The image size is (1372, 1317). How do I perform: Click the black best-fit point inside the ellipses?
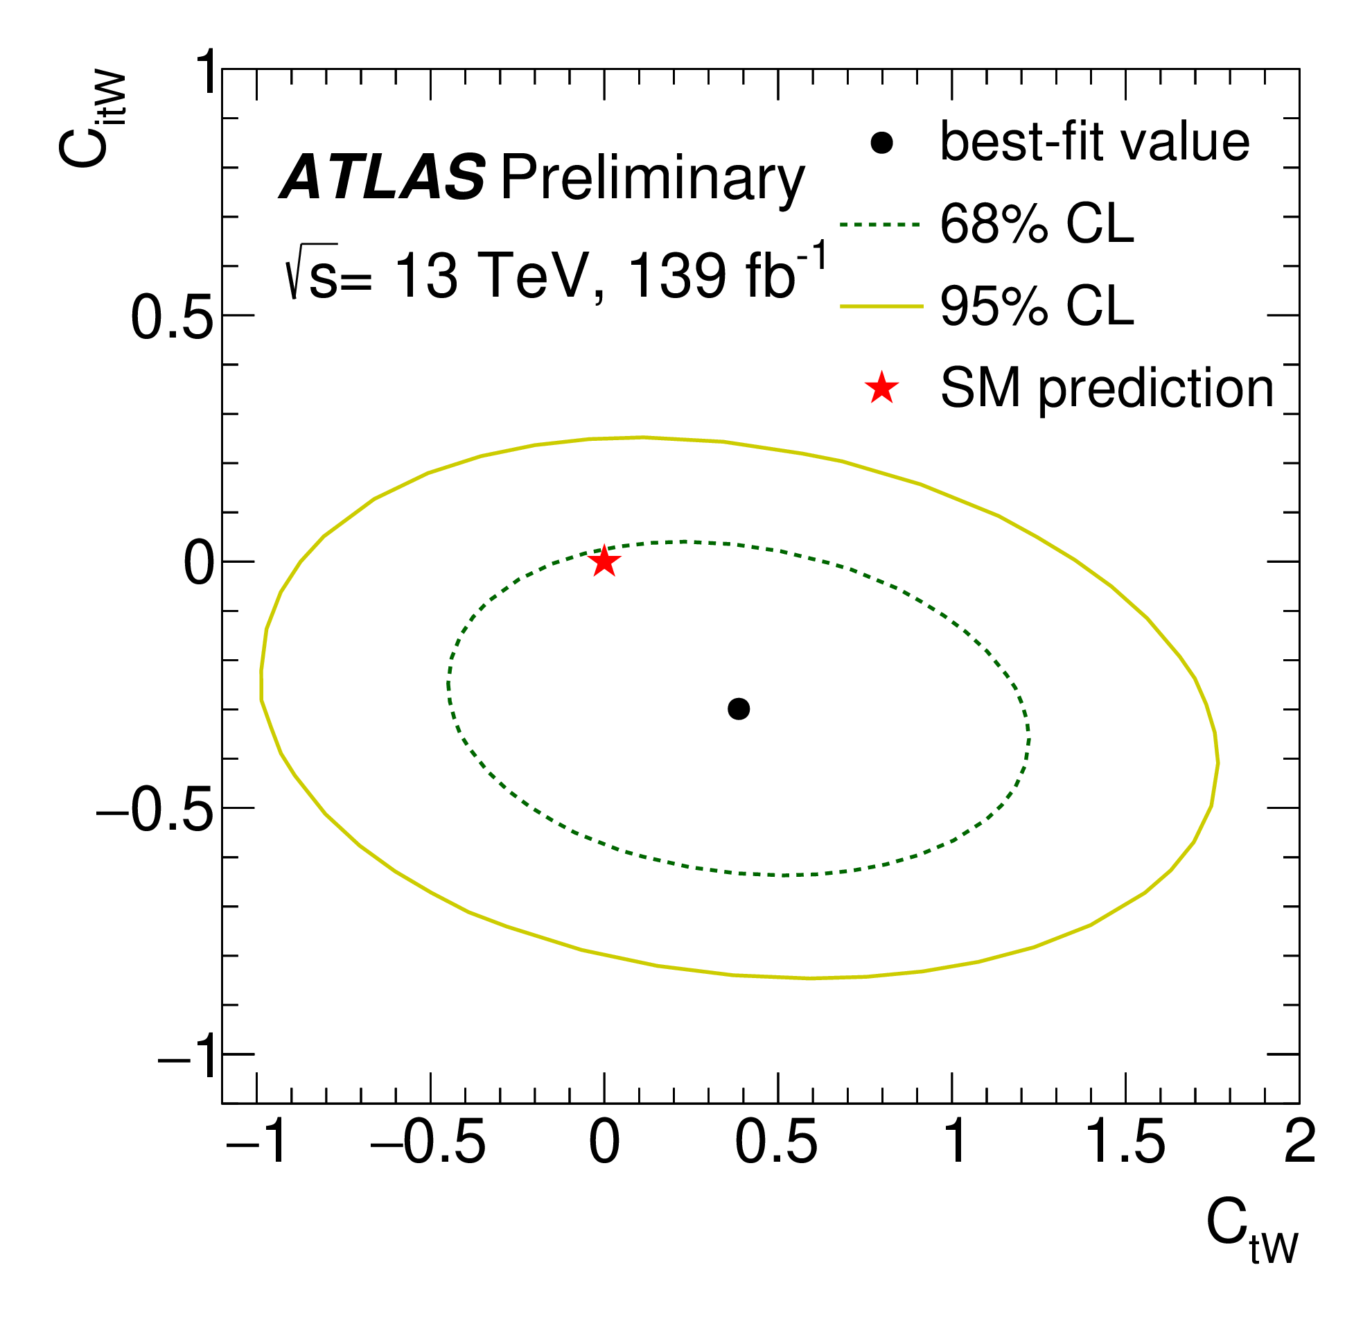click(739, 708)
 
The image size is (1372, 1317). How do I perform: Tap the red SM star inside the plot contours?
click(604, 561)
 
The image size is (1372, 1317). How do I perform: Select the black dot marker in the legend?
click(881, 143)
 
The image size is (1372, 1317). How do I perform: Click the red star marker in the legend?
click(881, 388)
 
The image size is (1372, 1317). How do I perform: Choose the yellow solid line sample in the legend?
click(881, 306)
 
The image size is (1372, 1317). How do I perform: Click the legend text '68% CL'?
click(1036, 225)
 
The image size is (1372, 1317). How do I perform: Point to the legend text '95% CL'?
click(1036, 306)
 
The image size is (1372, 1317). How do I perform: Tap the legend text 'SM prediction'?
click(1106, 388)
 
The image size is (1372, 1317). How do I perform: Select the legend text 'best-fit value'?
click(1094, 142)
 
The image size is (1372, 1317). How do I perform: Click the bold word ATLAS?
click(382, 178)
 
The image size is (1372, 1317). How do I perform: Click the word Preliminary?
click(653, 180)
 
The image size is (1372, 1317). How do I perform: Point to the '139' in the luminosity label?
click(678, 276)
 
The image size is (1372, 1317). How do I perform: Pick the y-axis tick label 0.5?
click(173, 317)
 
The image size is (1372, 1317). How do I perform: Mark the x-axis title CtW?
click(1251, 1241)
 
